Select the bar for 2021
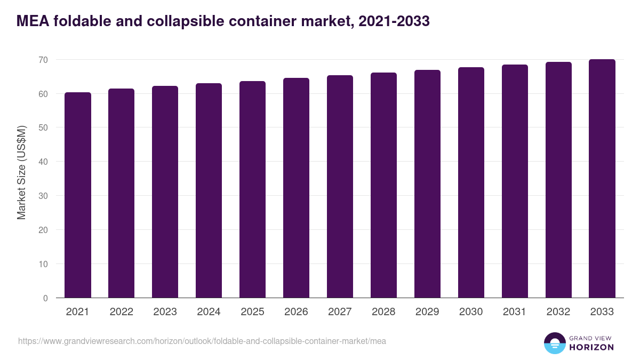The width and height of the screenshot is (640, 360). pyautogui.click(x=77, y=195)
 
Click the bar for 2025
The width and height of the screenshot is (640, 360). pyautogui.click(x=252, y=190)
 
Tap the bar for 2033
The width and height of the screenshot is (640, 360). pyautogui.click(x=602, y=179)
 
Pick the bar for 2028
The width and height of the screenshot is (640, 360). pyautogui.click(x=383, y=186)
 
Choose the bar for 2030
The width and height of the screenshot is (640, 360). pyautogui.click(x=471, y=183)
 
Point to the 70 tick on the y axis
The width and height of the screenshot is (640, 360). pyautogui.click(x=42, y=60)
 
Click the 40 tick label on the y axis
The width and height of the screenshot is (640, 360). pyautogui.click(x=42, y=162)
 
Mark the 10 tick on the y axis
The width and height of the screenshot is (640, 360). pyautogui.click(x=42, y=264)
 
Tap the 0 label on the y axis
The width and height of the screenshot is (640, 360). pyautogui.click(x=45, y=298)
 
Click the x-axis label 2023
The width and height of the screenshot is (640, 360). pyautogui.click(x=165, y=312)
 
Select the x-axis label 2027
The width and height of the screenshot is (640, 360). pyautogui.click(x=340, y=312)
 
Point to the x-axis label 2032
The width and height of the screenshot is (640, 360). pyautogui.click(x=558, y=312)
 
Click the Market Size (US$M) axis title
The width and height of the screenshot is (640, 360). pyautogui.click(x=21, y=172)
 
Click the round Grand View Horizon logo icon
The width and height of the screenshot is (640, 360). pyautogui.click(x=554, y=343)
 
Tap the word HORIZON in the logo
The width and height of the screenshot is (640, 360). pyautogui.click(x=591, y=347)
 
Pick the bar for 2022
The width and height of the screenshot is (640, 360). pyautogui.click(x=121, y=194)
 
